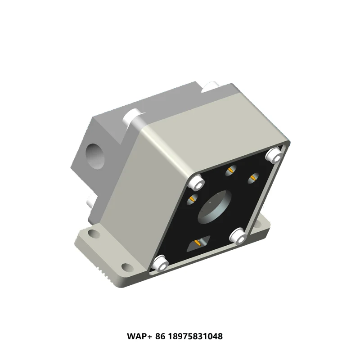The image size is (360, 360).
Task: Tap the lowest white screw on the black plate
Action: tap(159, 262)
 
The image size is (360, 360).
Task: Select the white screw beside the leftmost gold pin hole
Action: tap(197, 183)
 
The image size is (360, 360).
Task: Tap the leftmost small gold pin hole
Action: tap(192, 198)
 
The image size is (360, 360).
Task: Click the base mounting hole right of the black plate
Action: tap(262, 222)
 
